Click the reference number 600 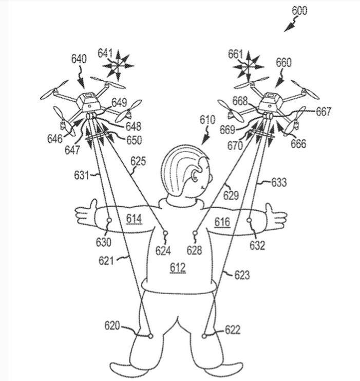point(299,11)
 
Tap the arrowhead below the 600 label point(289,27)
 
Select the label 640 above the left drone point(79,59)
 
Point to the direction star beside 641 point(118,65)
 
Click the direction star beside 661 point(248,66)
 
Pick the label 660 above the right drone point(283,63)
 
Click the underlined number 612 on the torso point(178,268)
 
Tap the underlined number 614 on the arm point(134,219)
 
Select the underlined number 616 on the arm point(222,222)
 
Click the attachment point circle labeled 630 point(109,220)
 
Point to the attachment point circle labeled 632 point(249,220)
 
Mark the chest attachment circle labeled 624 point(165,233)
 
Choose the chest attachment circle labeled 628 point(195,233)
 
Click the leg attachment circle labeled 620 point(150,336)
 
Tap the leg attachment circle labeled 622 point(204,336)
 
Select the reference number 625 point(138,161)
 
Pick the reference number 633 point(279,182)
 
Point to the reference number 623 point(242,275)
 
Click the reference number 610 point(207,120)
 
